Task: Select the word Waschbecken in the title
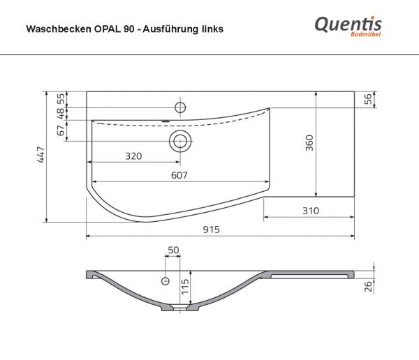[52, 30]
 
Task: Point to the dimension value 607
[180, 176]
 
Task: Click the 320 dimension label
[133, 156]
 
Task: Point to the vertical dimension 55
[61, 98]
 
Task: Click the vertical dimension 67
[61, 129]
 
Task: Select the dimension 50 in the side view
[173, 250]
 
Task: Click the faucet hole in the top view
[179, 107]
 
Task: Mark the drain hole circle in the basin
[180, 141]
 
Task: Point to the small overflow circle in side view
[166, 281]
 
